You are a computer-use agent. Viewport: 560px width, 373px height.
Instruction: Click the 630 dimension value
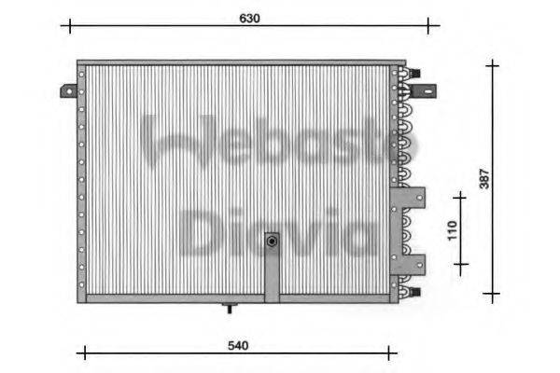coord(249,17)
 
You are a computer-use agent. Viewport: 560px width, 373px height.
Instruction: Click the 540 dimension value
coord(238,346)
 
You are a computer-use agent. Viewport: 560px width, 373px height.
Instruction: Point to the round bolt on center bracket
coord(272,242)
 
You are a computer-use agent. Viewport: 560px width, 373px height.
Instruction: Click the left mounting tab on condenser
coord(68,90)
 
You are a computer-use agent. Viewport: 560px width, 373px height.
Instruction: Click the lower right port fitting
coord(415,291)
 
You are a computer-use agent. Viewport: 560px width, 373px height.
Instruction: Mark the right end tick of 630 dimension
coord(427,26)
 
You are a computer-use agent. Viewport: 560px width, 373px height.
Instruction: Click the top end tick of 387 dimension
coord(492,64)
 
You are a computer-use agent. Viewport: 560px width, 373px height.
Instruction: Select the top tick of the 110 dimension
coord(459,198)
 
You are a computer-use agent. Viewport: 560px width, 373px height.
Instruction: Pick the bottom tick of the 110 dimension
coord(459,264)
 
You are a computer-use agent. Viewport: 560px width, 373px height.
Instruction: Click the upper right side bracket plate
coord(413,200)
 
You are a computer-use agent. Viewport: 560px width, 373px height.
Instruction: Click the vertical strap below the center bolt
coord(272,276)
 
